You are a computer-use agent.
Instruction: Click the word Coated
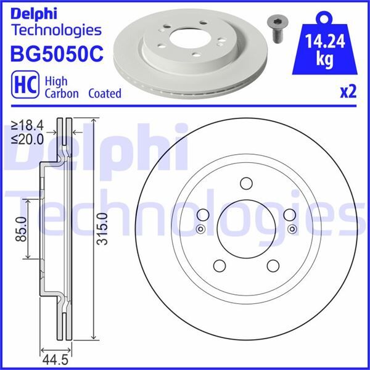click(x=104, y=94)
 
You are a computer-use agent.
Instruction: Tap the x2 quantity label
click(x=348, y=92)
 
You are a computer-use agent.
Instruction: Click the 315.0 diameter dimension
click(x=102, y=228)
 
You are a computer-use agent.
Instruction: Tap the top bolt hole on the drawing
click(x=246, y=184)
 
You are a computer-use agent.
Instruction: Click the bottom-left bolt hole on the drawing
click(x=218, y=266)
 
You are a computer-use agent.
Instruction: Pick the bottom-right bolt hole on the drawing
click(x=273, y=266)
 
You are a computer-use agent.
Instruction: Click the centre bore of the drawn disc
click(x=246, y=229)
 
